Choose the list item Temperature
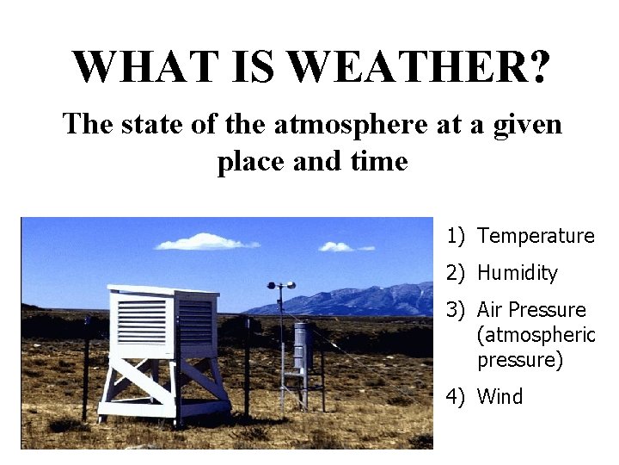click(536, 236)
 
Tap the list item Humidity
click(517, 273)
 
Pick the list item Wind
click(499, 396)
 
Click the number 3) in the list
click(455, 310)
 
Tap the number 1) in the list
click(455, 236)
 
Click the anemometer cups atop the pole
click(280, 285)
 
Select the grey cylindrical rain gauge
click(300, 346)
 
